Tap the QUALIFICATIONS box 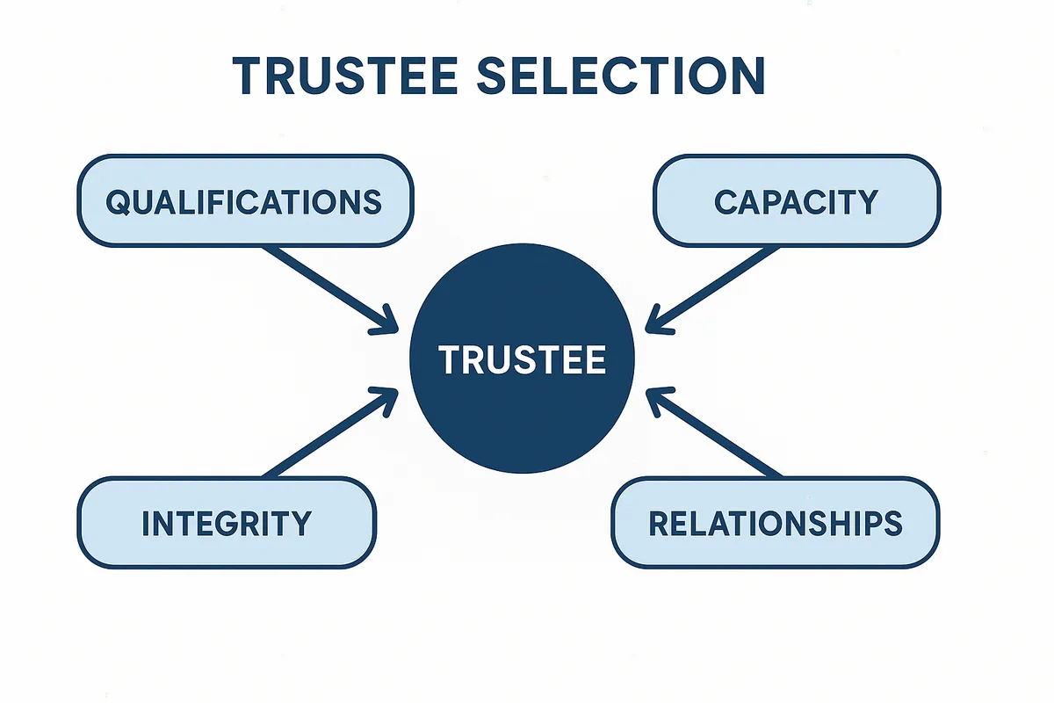(x=244, y=201)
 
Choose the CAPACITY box (x=796, y=201)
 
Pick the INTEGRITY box (x=227, y=523)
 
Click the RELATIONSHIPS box (x=775, y=523)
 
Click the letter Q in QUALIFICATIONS (x=117, y=202)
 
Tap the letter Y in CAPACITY (x=867, y=202)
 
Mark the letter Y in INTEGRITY (x=300, y=523)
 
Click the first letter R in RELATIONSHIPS (x=659, y=523)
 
